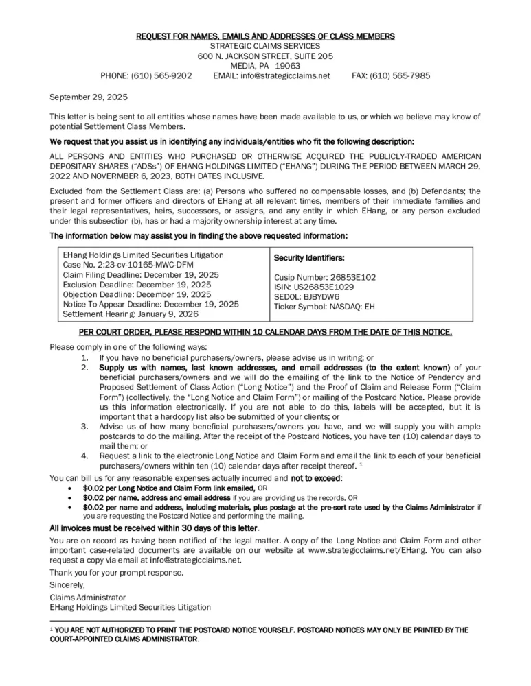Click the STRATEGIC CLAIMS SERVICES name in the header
[x=265, y=45]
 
